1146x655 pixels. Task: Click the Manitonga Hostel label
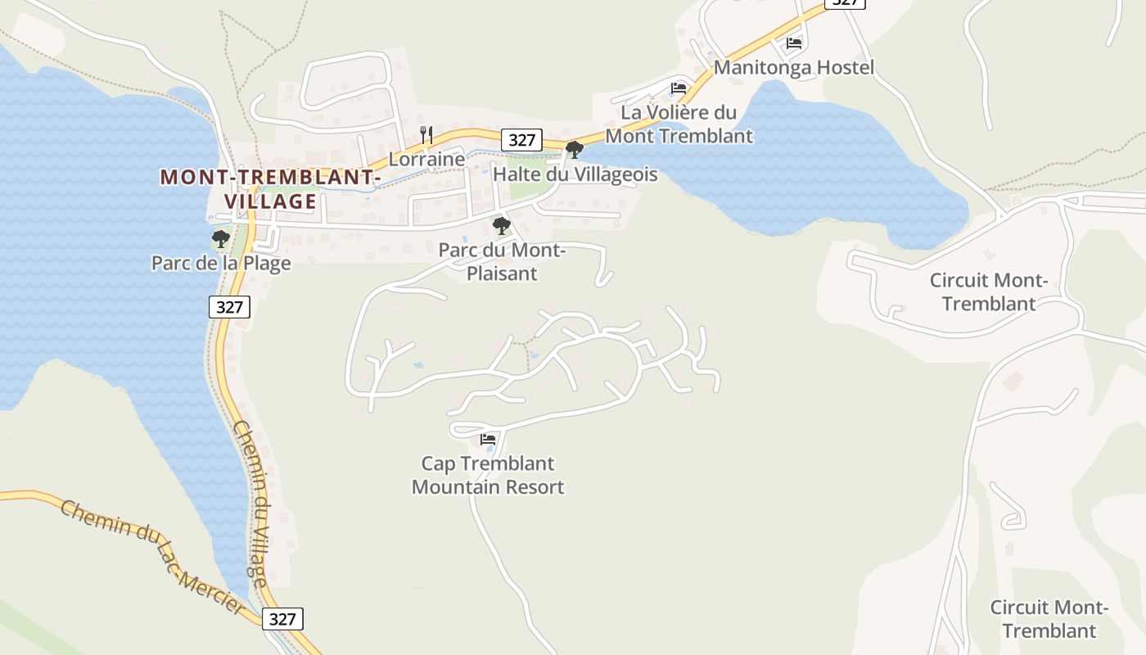click(x=793, y=67)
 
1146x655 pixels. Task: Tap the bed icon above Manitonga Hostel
click(x=793, y=43)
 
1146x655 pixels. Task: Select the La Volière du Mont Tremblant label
click(x=679, y=124)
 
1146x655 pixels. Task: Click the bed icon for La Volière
click(x=678, y=88)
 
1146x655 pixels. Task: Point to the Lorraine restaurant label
click(x=426, y=159)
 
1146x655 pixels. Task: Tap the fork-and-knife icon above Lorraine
click(x=426, y=135)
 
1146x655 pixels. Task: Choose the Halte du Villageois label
click(x=575, y=174)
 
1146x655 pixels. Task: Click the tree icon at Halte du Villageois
click(x=575, y=150)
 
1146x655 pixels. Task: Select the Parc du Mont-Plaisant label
click(x=502, y=261)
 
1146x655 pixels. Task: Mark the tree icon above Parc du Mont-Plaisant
click(x=501, y=226)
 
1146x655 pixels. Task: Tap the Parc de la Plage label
click(x=221, y=263)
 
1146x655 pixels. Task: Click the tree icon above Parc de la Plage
click(x=220, y=239)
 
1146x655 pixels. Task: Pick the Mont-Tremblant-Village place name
click(x=270, y=189)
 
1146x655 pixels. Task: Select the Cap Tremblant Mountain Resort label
click(x=488, y=475)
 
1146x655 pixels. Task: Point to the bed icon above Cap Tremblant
click(x=488, y=440)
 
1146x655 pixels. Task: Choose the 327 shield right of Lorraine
click(x=521, y=140)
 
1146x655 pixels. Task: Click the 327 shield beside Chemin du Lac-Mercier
click(x=282, y=618)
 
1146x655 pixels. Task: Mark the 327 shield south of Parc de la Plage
click(x=229, y=307)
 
